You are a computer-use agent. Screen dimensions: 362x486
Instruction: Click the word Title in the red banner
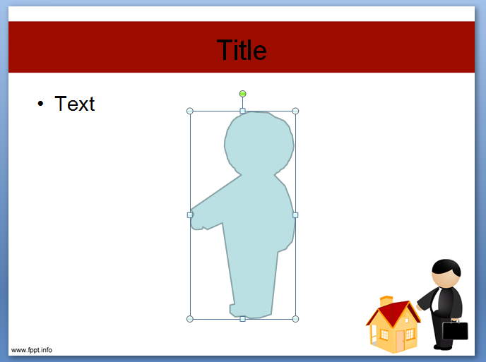pos(242,50)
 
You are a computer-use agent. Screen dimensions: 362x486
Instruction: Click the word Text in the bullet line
pos(74,104)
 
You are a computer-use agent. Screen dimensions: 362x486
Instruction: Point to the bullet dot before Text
pos(41,104)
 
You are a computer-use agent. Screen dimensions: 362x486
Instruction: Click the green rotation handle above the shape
pos(242,94)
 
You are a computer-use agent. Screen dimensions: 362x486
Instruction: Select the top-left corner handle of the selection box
pos(190,111)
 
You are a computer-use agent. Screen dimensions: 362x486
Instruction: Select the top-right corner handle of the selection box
pos(295,111)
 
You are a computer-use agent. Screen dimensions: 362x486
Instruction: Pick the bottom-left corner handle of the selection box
pos(190,319)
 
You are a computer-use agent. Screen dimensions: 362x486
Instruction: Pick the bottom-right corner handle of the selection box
pos(295,319)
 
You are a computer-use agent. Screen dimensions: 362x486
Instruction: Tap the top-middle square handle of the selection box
pos(242,111)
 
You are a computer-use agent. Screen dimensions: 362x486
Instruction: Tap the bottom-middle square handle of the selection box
pos(242,319)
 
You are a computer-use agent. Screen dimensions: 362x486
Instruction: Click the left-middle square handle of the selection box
pos(190,215)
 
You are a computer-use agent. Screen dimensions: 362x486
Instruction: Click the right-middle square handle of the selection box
pos(295,215)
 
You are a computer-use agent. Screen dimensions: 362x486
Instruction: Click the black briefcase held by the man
pos(455,330)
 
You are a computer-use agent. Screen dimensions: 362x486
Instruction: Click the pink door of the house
pos(400,341)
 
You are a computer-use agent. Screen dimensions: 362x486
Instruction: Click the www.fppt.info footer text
pos(31,350)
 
